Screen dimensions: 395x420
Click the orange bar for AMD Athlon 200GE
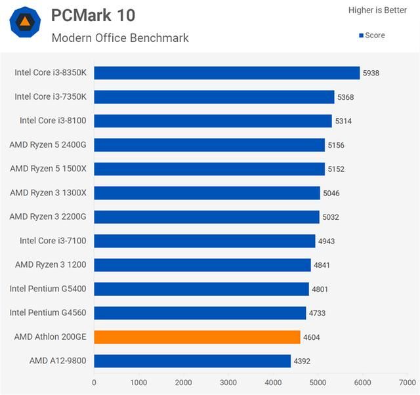click(197, 337)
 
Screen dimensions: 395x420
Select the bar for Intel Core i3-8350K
click(226, 73)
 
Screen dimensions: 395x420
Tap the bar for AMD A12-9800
click(192, 361)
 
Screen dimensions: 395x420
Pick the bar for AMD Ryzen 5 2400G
click(209, 145)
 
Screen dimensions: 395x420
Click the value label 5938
click(371, 73)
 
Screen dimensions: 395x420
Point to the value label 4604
click(312, 337)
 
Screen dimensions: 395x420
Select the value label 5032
click(331, 217)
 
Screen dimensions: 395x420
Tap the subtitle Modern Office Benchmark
click(120, 37)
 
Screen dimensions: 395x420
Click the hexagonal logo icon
click(25, 22)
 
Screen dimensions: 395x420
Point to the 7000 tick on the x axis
click(407, 382)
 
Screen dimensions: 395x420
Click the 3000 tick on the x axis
click(228, 382)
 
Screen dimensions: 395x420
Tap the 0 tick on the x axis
click(94, 382)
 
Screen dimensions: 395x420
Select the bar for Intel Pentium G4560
click(200, 313)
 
